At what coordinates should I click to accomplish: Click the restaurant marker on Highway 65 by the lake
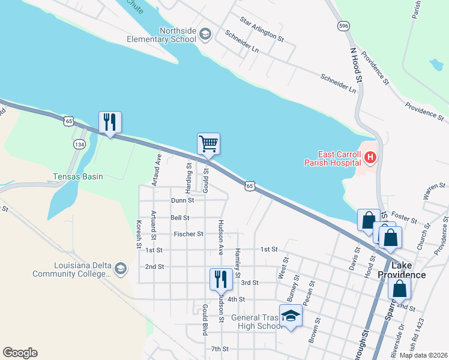[x=110, y=122]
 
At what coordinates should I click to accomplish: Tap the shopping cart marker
[x=208, y=144]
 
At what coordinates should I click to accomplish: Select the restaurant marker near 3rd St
[x=220, y=279]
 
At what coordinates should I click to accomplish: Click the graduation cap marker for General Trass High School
[x=291, y=316]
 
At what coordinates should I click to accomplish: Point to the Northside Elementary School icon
[x=205, y=34]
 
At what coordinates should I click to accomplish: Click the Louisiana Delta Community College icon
[x=121, y=268]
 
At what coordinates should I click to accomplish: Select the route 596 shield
[x=343, y=26]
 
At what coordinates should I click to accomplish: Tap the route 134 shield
[x=79, y=145]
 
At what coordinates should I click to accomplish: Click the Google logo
[x=20, y=352]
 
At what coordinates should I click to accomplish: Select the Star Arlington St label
[x=262, y=29]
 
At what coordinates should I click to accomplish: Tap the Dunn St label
[x=182, y=200]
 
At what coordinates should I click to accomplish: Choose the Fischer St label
[x=188, y=234]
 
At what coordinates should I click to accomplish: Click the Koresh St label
[x=139, y=234]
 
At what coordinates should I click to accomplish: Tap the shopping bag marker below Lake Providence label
[x=399, y=289]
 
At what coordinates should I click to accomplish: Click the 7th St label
[x=220, y=349]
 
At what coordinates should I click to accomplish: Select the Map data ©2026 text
[x=423, y=355]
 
